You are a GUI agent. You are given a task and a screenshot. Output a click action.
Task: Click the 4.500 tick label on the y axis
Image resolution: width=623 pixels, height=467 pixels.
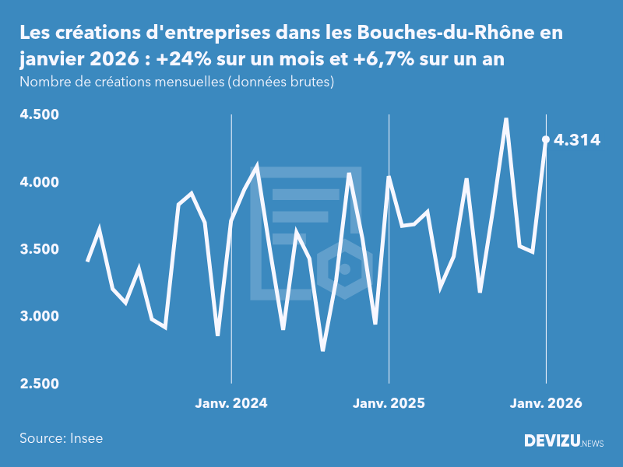40,115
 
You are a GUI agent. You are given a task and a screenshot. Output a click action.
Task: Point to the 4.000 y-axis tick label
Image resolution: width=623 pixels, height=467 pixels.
40,182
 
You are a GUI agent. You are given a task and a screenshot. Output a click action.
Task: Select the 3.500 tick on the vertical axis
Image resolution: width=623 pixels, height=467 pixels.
40,249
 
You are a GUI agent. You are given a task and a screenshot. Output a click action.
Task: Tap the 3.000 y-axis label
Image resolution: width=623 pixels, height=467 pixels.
40,317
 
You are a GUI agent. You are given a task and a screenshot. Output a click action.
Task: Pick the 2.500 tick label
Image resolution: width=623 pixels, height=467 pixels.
40,384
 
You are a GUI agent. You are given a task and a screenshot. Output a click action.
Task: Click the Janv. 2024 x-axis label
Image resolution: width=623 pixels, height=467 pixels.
231,403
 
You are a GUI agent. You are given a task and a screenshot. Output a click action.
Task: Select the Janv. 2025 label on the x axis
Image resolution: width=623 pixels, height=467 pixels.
389,403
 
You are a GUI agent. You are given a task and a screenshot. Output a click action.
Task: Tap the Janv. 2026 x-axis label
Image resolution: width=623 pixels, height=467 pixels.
546,403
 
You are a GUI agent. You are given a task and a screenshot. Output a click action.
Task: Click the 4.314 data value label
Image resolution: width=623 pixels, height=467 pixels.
577,140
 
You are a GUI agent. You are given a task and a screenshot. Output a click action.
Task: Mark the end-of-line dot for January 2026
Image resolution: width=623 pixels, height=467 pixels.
546,139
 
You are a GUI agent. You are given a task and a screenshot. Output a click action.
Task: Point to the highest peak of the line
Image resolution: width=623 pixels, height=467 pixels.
506,119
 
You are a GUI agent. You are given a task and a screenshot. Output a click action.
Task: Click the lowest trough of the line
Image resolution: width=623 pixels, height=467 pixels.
322,350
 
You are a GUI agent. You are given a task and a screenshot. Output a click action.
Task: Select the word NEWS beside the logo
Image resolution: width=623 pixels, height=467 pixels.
593,443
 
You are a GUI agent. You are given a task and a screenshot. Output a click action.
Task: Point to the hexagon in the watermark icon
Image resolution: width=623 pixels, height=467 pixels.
344,269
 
